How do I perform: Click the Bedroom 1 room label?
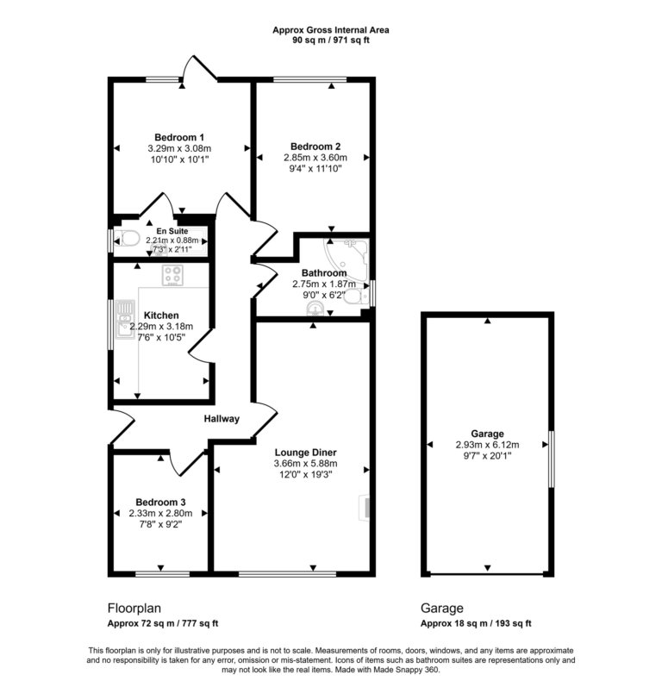[x=179, y=137]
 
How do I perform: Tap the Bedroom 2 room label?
[x=315, y=146]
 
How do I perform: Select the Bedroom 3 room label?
[x=160, y=502]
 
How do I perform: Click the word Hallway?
[x=222, y=419]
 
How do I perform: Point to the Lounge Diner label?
[x=305, y=451]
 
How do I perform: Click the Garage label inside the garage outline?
[x=487, y=434]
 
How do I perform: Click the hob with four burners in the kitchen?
[x=173, y=276]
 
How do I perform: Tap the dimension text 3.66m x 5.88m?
[x=305, y=462]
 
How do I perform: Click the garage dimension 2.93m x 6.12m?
[x=487, y=445]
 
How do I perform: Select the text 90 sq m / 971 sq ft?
[x=331, y=41]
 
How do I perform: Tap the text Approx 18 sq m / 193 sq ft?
[x=476, y=623]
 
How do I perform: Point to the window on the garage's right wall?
[x=551, y=447]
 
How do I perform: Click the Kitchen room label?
[x=161, y=315]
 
